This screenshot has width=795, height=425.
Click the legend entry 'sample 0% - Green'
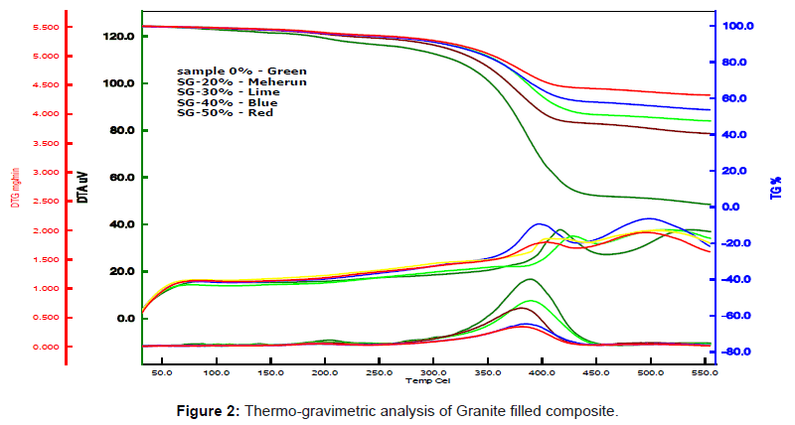241,71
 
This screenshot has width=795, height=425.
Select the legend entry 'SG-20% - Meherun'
241,82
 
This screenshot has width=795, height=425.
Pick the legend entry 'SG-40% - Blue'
228,102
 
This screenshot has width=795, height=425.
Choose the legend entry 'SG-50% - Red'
225,112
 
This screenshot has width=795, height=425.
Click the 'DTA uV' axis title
82,186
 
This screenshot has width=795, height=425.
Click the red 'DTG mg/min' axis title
17,186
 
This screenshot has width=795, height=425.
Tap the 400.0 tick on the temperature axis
542,373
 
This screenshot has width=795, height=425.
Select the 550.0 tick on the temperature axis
705,373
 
